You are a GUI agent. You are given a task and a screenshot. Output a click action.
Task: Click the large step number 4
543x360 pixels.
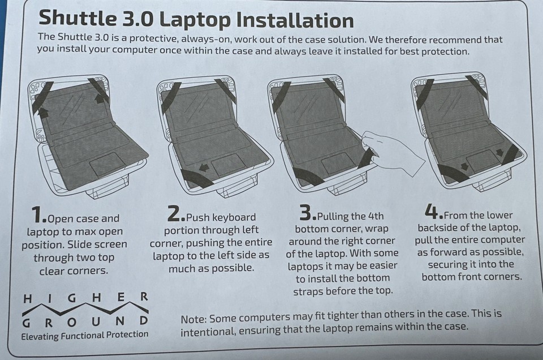pyautogui.click(x=433, y=211)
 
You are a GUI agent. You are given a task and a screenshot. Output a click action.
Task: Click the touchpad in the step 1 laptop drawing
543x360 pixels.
pyautogui.click(x=107, y=164)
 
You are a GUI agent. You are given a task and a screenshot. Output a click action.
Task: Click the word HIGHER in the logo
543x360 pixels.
pyautogui.click(x=85, y=297)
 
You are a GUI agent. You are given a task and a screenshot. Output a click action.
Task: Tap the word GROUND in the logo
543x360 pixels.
pyautogui.click(x=85, y=321)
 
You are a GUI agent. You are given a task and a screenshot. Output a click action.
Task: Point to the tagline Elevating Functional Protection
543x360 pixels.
pyautogui.click(x=85, y=335)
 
